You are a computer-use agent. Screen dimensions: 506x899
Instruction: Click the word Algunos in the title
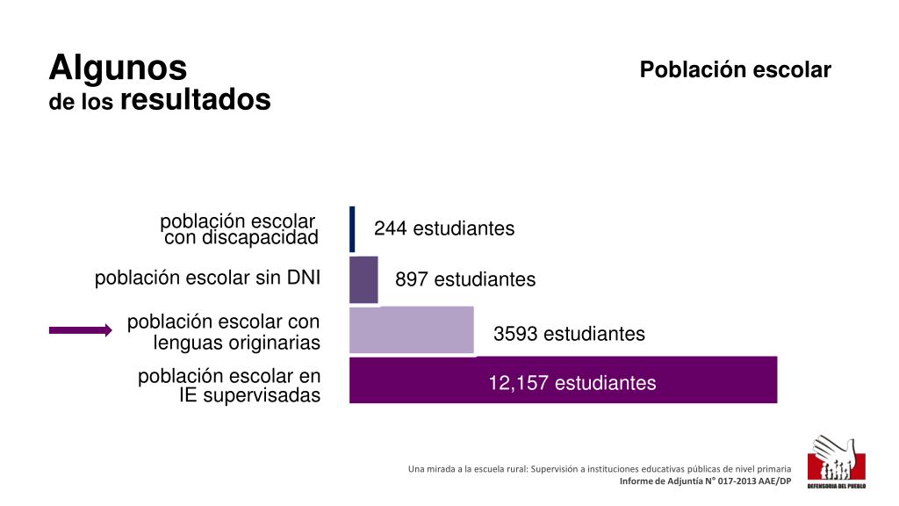tap(118, 67)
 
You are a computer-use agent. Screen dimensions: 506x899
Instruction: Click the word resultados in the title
tap(195, 99)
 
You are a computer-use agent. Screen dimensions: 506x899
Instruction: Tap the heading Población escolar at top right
tap(735, 70)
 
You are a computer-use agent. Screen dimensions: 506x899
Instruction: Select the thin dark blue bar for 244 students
tap(352, 228)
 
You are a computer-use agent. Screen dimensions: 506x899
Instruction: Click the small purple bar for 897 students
tap(363, 279)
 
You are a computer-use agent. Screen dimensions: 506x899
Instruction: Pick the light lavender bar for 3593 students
tap(411, 330)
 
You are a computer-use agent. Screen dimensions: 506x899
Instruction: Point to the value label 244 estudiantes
tap(443, 228)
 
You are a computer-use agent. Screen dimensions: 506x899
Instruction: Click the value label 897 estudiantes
tap(464, 279)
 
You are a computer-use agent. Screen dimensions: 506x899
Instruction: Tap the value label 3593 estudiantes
tap(569, 334)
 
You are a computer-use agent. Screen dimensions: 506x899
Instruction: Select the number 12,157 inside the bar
tap(519, 383)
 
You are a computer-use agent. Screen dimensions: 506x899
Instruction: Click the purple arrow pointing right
tap(80, 330)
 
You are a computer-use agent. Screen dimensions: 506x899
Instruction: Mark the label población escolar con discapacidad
tap(240, 228)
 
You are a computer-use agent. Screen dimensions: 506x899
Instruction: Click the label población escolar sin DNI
tap(207, 278)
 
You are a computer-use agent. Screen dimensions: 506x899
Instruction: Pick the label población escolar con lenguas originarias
tap(224, 332)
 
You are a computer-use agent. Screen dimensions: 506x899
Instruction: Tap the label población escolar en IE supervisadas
tap(230, 386)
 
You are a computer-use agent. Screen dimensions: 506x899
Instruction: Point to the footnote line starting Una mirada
tap(599, 469)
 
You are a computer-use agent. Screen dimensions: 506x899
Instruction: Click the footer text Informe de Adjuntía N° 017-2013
tap(705, 481)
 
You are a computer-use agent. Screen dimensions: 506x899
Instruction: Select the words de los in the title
tap(81, 103)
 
